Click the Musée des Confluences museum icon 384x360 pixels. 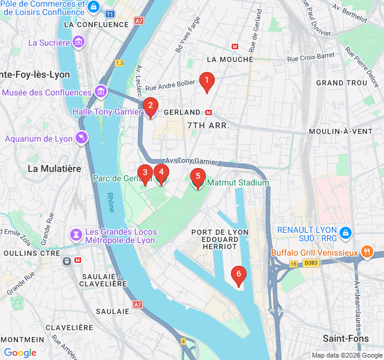click(x=101, y=92)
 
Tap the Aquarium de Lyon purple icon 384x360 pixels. click(x=81, y=138)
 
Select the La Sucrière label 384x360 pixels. click(x=49, y=43)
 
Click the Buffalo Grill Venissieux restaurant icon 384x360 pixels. click(x=367, y=252)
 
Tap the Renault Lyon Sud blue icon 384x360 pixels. click(x=345, y=232)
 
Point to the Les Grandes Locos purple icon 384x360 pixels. click(x=76, y=233)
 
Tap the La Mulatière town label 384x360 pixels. click(x=55, y=169)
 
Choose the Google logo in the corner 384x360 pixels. click(x=20, y=353)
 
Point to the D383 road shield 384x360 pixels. click(x=310, y=263)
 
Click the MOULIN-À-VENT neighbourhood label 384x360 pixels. click(x=345, y=131)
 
